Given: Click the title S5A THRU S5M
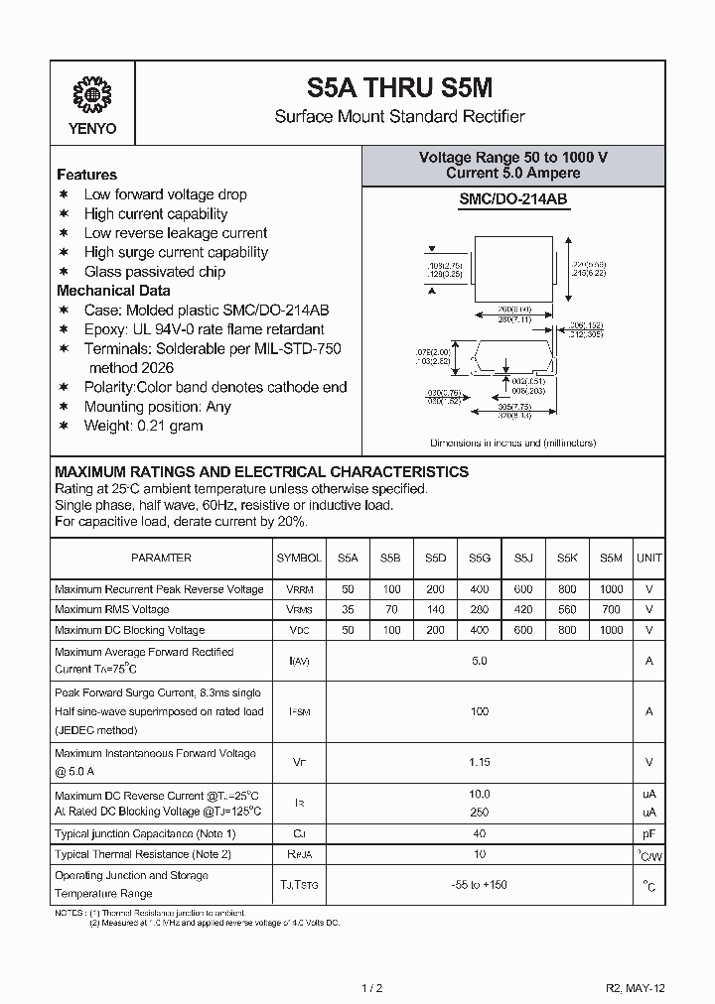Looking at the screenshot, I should pos(399,87).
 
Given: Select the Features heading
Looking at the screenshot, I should pos(86,175).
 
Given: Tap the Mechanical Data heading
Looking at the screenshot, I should pos(113,291).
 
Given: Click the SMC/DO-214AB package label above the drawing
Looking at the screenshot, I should pos(513,199).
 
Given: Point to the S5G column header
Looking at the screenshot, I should pos(480,559).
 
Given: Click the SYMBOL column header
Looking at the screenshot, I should pos(299,559).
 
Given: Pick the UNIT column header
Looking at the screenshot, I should pos(649,559).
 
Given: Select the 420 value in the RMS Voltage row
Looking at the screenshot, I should pos(523,609).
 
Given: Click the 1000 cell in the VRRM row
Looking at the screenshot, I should pos(612,589).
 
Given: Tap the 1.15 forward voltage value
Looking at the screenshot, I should pos(480,762).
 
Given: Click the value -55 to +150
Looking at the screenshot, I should pos(480,885).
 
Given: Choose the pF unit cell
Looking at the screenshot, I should pos(649,833).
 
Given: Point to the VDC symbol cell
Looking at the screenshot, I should pos(299,630).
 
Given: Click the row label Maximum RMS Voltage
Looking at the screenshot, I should pos(112,609).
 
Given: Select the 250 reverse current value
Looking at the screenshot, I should pos(480,812).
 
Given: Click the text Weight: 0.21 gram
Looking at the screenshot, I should pos(143,426).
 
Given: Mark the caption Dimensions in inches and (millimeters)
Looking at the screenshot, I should pos(513,443).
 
